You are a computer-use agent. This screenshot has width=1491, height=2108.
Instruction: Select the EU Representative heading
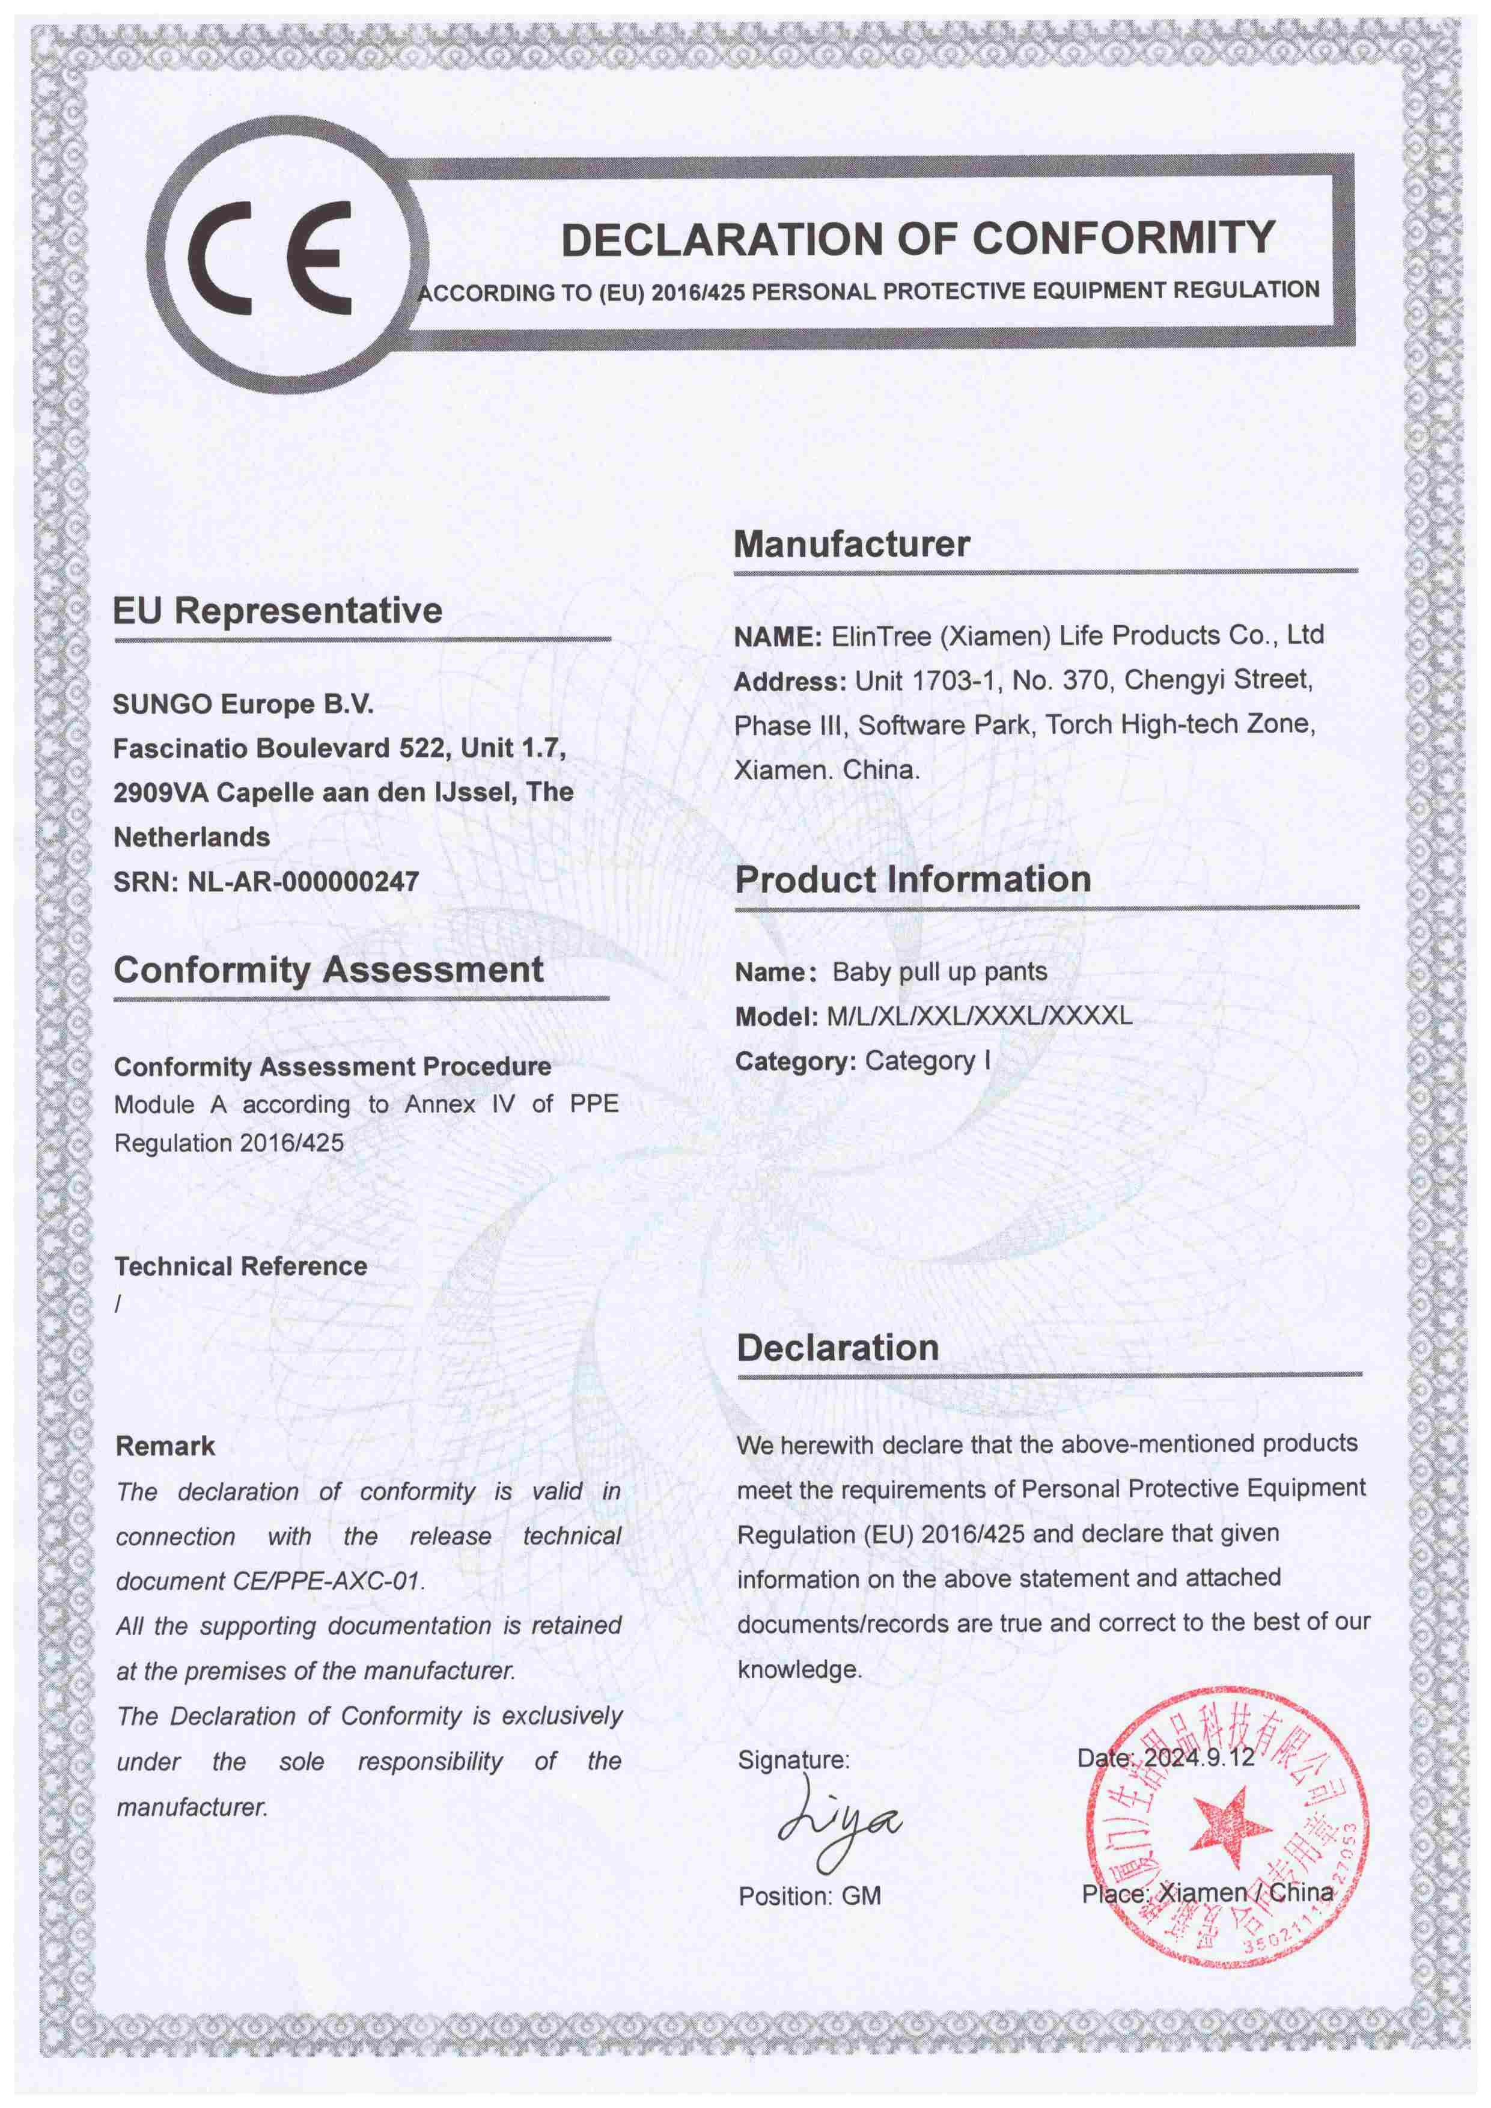click(277, 611)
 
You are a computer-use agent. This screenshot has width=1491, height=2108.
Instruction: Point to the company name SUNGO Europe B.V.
click(243, 704)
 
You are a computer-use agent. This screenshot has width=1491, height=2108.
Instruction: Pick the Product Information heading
click(913, 879)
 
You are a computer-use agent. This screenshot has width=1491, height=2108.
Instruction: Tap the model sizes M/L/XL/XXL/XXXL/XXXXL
click(980, 1016)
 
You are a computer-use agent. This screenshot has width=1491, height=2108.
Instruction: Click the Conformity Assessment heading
click(329, 970)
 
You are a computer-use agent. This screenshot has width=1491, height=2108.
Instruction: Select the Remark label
click(165, 1446)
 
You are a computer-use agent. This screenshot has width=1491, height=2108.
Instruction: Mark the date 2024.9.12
click(1197, 1758)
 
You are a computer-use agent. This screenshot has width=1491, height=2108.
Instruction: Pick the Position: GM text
click(810, 1896)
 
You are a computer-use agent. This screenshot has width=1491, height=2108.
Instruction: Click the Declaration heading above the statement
click(837, 1347)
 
